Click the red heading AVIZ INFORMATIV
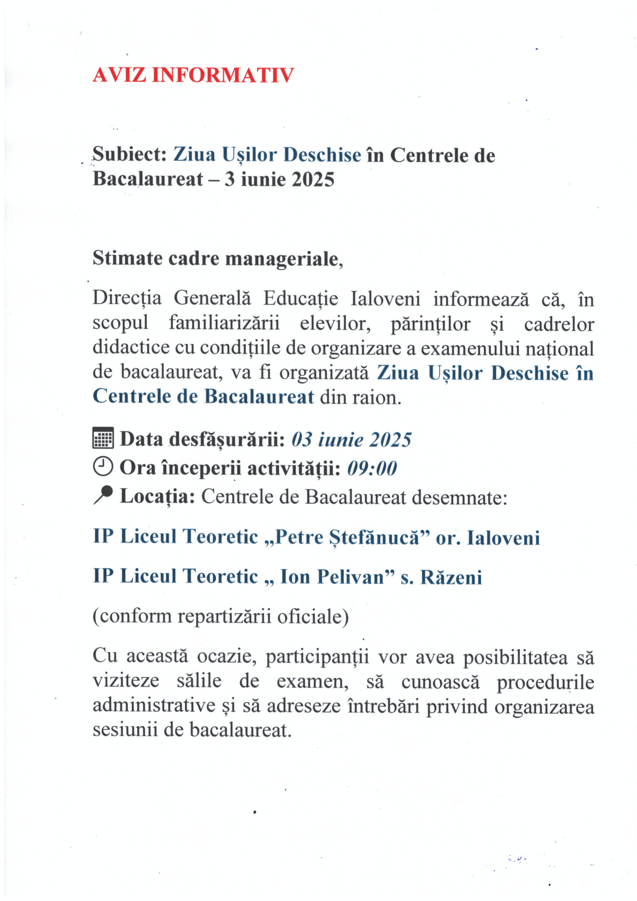(x=193, y=75)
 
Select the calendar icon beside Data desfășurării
(x=103, y=438)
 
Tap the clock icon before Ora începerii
(x=103, y=466)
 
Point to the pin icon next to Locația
(x=103, y=495)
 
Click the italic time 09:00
(x=372, y=468)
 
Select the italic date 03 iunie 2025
(x=351, y=440)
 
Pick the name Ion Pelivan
(x=332, y=577)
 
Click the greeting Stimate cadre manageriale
(x=217, y=259)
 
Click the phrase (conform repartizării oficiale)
(x=221, y=617)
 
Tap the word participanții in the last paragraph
(x=317, y=657)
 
